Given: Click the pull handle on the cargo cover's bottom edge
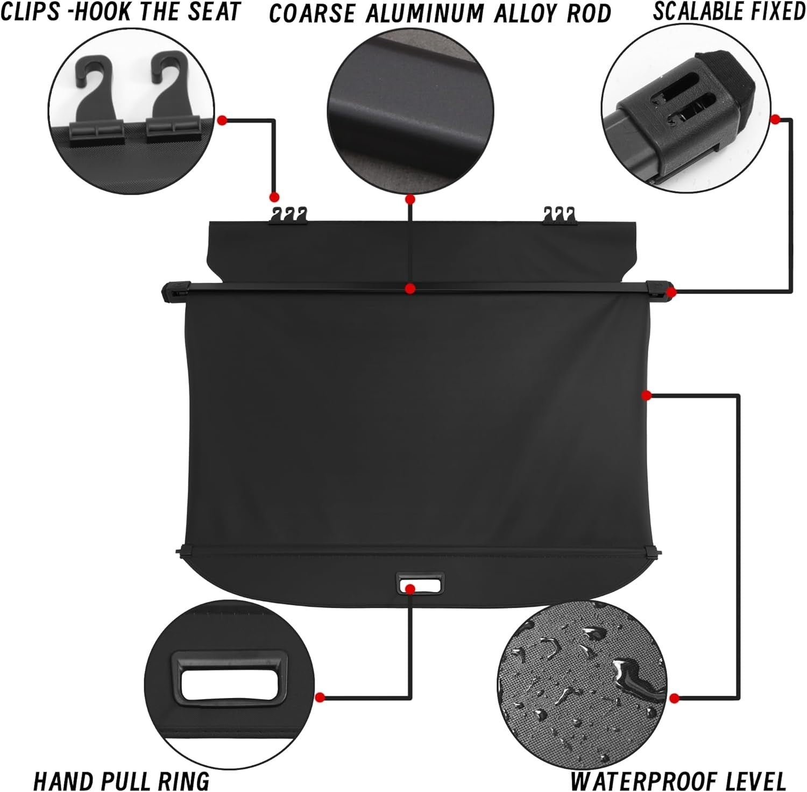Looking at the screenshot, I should pyautogui.click(x=420, y=583).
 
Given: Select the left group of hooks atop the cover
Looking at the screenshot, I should pyautogui.click(x=288, y=215).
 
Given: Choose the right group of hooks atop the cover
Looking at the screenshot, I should pyautogui.click(x=560, y=215).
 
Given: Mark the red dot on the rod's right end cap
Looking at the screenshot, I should pyautogui.click(x=670, y=292).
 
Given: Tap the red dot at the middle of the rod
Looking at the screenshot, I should pyautogui.click(x=410, y=289).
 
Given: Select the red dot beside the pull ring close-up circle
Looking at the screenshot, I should pyautogui.click(x=320, y=697).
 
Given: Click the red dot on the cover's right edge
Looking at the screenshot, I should pyautogui.click(x=647, y=395).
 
